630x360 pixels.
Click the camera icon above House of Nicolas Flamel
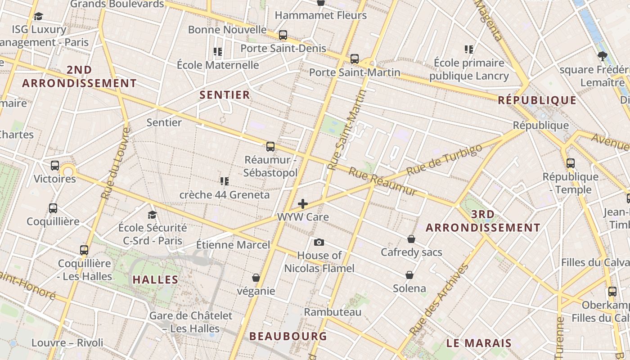pos(319,243)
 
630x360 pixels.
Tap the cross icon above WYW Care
pos(303,204)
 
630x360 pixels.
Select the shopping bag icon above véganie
pos(256,278)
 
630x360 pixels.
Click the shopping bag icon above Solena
pos(409,274)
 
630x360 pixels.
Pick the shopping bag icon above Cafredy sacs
pos(411,239)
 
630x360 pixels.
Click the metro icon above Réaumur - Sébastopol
pos(270,146)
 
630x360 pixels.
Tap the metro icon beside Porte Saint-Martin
pos(354,58)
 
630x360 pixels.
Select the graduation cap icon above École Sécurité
pos(152,215)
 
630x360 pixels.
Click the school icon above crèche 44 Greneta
pos(224,181)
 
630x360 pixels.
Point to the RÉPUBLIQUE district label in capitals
pos(537,100)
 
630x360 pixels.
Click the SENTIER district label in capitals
pos(225,94)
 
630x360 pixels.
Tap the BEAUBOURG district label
pos(288,336)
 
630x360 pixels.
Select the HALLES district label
pos(155,279)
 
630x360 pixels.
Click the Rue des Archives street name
pos(439,299)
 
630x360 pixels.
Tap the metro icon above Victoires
pos(55,165)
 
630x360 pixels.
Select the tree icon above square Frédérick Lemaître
pos(602,56)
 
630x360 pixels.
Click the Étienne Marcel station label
pos(233,245)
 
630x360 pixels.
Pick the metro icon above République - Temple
pos(570,163)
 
